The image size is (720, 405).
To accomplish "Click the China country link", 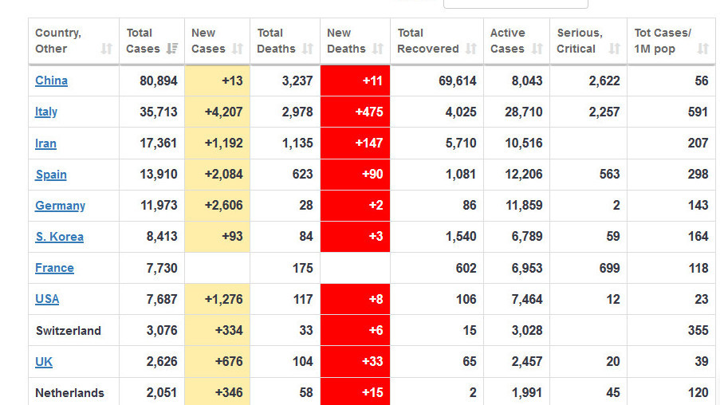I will tap(51, 81).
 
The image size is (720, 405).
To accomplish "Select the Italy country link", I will tap(46, 112).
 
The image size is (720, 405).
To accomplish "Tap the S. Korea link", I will tap(59, 237).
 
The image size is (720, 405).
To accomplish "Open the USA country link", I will tap(47, 299).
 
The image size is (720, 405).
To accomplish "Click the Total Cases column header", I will tap(140, 41).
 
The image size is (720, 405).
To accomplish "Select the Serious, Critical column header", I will tap(580, 41).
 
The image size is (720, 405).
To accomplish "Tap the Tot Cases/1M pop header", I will tap(663, 41).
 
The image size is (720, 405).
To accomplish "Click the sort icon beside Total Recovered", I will tap(471, 49).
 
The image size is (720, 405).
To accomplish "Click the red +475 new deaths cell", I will tap(355, 112).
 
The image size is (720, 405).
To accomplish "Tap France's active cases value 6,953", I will tap(523, 268).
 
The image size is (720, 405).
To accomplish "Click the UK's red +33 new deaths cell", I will tap(355, 362).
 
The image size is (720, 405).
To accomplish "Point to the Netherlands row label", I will tap(69, 393).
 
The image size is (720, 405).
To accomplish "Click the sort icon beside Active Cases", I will tap(537, 49).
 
